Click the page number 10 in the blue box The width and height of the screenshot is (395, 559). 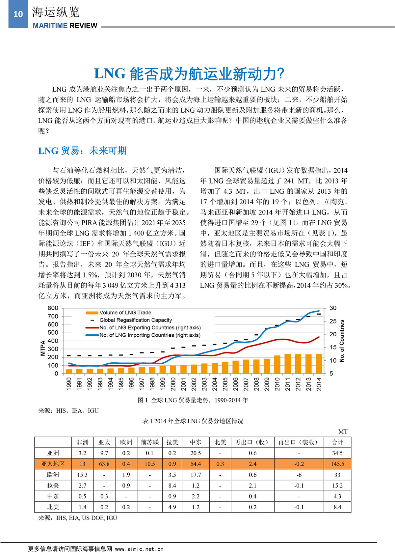pyautogui.click(x=18, y=14)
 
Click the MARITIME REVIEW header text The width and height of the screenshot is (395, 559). pyautogui.click(x=65, y=26)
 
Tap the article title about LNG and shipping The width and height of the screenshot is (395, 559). pyautogui.click(x=189, y=74)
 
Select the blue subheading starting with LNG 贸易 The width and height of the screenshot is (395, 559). pyautogui.click(x=82, y=151)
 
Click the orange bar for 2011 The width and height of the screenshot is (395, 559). pyautogui.click(x=288, y=364)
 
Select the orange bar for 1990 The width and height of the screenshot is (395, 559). pyautogui.click(x=69, y=371)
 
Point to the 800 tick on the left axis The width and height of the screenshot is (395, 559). pyautogui.click(x=53, y=308)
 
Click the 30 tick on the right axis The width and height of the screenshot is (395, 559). pyautogui.click(x=333, y=308)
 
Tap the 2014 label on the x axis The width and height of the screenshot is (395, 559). pyautogui.click(x=319, y=384)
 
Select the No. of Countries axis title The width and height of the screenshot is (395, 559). pyautogui.click(x=342, y=341)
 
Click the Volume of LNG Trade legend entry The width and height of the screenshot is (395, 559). pyautogui.click(x=125, y=313)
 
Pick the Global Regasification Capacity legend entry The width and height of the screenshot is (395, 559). pyautogui.click(x=136, y=320)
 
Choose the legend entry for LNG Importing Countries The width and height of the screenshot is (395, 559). pyautogui.click(x=150, y=335)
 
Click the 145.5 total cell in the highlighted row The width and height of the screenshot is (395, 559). pyautogui.click(x=337, y=464)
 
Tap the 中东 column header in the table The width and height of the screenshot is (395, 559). pyautogui.click(x=196, y=442)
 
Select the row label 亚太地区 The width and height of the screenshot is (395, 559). pyautogui.click(x=53, y=464)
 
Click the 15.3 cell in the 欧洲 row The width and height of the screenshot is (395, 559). pyautogui.click(x=82, y=475)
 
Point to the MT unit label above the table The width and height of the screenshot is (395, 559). pyautogui.click(x=343, y=432)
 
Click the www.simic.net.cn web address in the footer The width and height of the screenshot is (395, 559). pyautogui.click(x=139, y=549)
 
